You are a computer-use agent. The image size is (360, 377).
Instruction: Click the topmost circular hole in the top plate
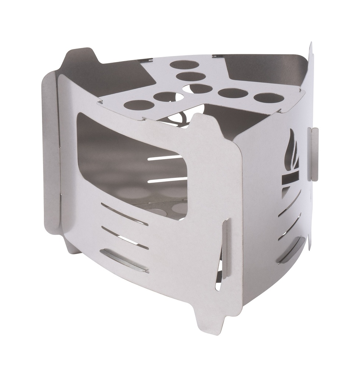tap(184, 65)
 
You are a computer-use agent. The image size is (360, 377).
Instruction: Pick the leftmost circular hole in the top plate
tap(139, 105)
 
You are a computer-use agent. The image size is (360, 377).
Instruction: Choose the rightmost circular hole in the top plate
tap(268, 98)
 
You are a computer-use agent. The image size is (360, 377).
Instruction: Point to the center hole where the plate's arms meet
tap(200, 88)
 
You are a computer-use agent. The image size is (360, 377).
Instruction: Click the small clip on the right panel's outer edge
tap(314, 154)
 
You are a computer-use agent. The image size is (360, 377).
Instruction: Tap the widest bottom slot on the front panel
tap(124, 261)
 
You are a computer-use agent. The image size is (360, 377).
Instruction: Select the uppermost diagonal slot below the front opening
tap(124, 214)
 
